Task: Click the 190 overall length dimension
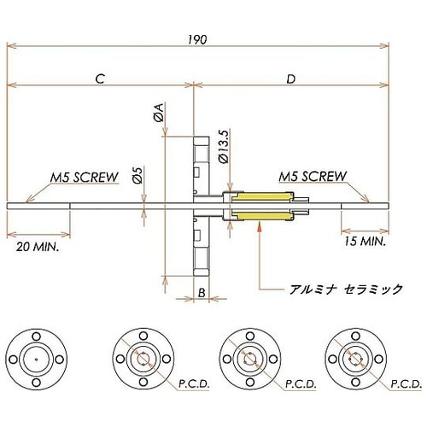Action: [199, 38]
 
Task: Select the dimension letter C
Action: [100, 79]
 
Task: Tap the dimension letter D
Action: [290, 79]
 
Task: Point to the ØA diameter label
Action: [158, 113]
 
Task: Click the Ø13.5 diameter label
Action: [224, 145]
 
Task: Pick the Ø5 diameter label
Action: [138, 175]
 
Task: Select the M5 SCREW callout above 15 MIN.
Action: [313, 177]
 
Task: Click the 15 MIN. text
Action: [362, 241]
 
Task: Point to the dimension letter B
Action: [200, 293]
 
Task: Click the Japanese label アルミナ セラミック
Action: [346, 290]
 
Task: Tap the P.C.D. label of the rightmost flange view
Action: [407, 386]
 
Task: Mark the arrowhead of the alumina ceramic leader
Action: [258, 223]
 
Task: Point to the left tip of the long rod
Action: [9, 206]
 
